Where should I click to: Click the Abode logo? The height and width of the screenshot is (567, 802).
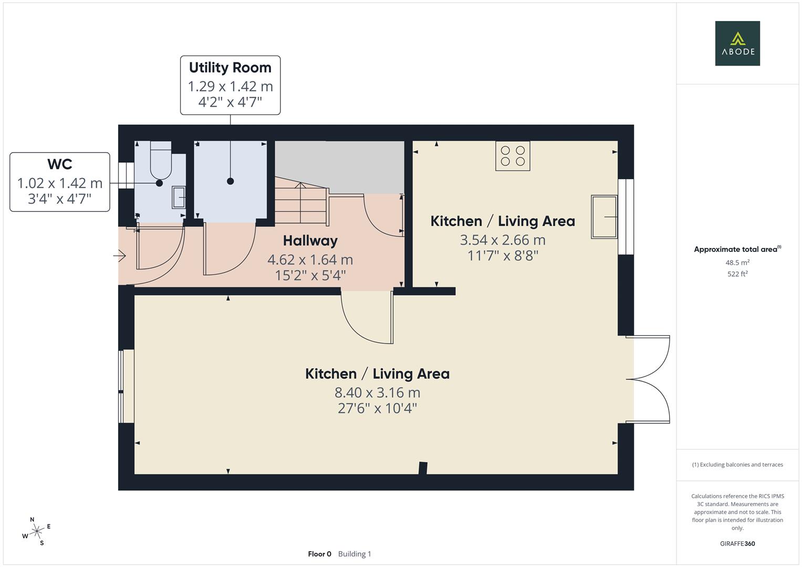[737, 43]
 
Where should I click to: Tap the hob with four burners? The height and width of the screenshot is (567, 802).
[513, 156]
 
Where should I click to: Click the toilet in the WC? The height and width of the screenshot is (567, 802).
[161, 160]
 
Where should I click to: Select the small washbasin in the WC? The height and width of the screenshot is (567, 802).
[179, 197]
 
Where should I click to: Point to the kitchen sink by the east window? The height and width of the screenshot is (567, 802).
[604, 217]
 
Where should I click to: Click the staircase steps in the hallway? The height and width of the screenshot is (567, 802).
[301, 202]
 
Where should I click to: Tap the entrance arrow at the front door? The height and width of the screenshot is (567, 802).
[120, 256]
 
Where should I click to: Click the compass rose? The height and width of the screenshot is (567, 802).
[36, 531]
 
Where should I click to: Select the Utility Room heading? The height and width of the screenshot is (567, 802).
[230, 67]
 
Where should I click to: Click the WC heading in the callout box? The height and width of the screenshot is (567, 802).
[60, 164]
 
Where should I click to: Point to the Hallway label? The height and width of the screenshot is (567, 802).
[310, 240]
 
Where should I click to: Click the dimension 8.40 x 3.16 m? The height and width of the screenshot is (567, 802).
[378, 393]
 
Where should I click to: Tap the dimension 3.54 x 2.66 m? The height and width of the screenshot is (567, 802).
[503, 240]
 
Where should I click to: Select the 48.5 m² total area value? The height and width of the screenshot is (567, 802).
[737, 262]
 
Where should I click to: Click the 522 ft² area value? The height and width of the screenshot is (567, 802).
[737, 274]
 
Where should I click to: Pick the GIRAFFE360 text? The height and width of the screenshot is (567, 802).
[737, 543]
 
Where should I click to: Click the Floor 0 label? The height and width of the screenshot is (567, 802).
[319, 554]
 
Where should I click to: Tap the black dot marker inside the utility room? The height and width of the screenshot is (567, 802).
[230, 181]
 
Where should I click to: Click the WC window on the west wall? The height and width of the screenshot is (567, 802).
[126, 175]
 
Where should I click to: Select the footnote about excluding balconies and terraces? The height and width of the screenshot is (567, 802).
[737, 465]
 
